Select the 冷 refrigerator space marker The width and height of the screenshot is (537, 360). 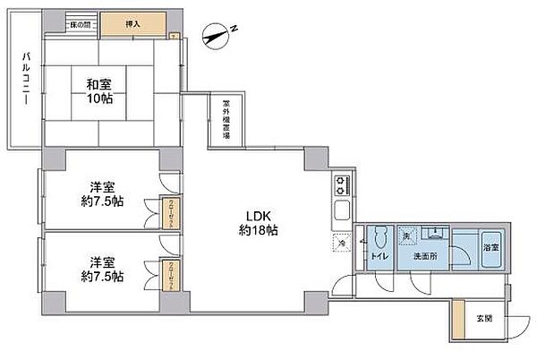coord(342,242)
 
